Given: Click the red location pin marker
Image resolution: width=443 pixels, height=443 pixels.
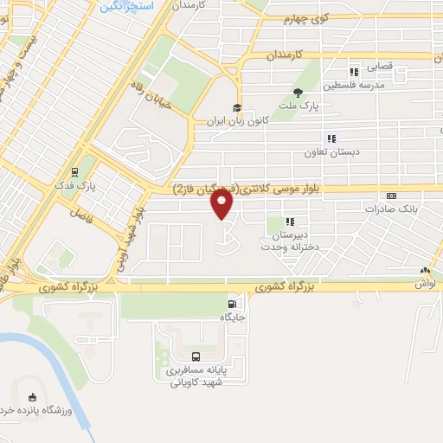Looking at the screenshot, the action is coord(222,205).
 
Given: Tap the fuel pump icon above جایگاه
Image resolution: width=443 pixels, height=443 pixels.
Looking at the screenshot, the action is coord(232,304).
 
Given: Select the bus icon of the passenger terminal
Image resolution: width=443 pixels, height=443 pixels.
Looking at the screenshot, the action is coord(196,356).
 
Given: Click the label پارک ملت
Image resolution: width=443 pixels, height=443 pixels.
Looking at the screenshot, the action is coord(299,106).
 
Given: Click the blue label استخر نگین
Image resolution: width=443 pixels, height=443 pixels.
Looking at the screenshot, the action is coord(121,6).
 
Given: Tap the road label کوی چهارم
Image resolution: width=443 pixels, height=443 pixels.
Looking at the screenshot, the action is coord(309,17).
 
